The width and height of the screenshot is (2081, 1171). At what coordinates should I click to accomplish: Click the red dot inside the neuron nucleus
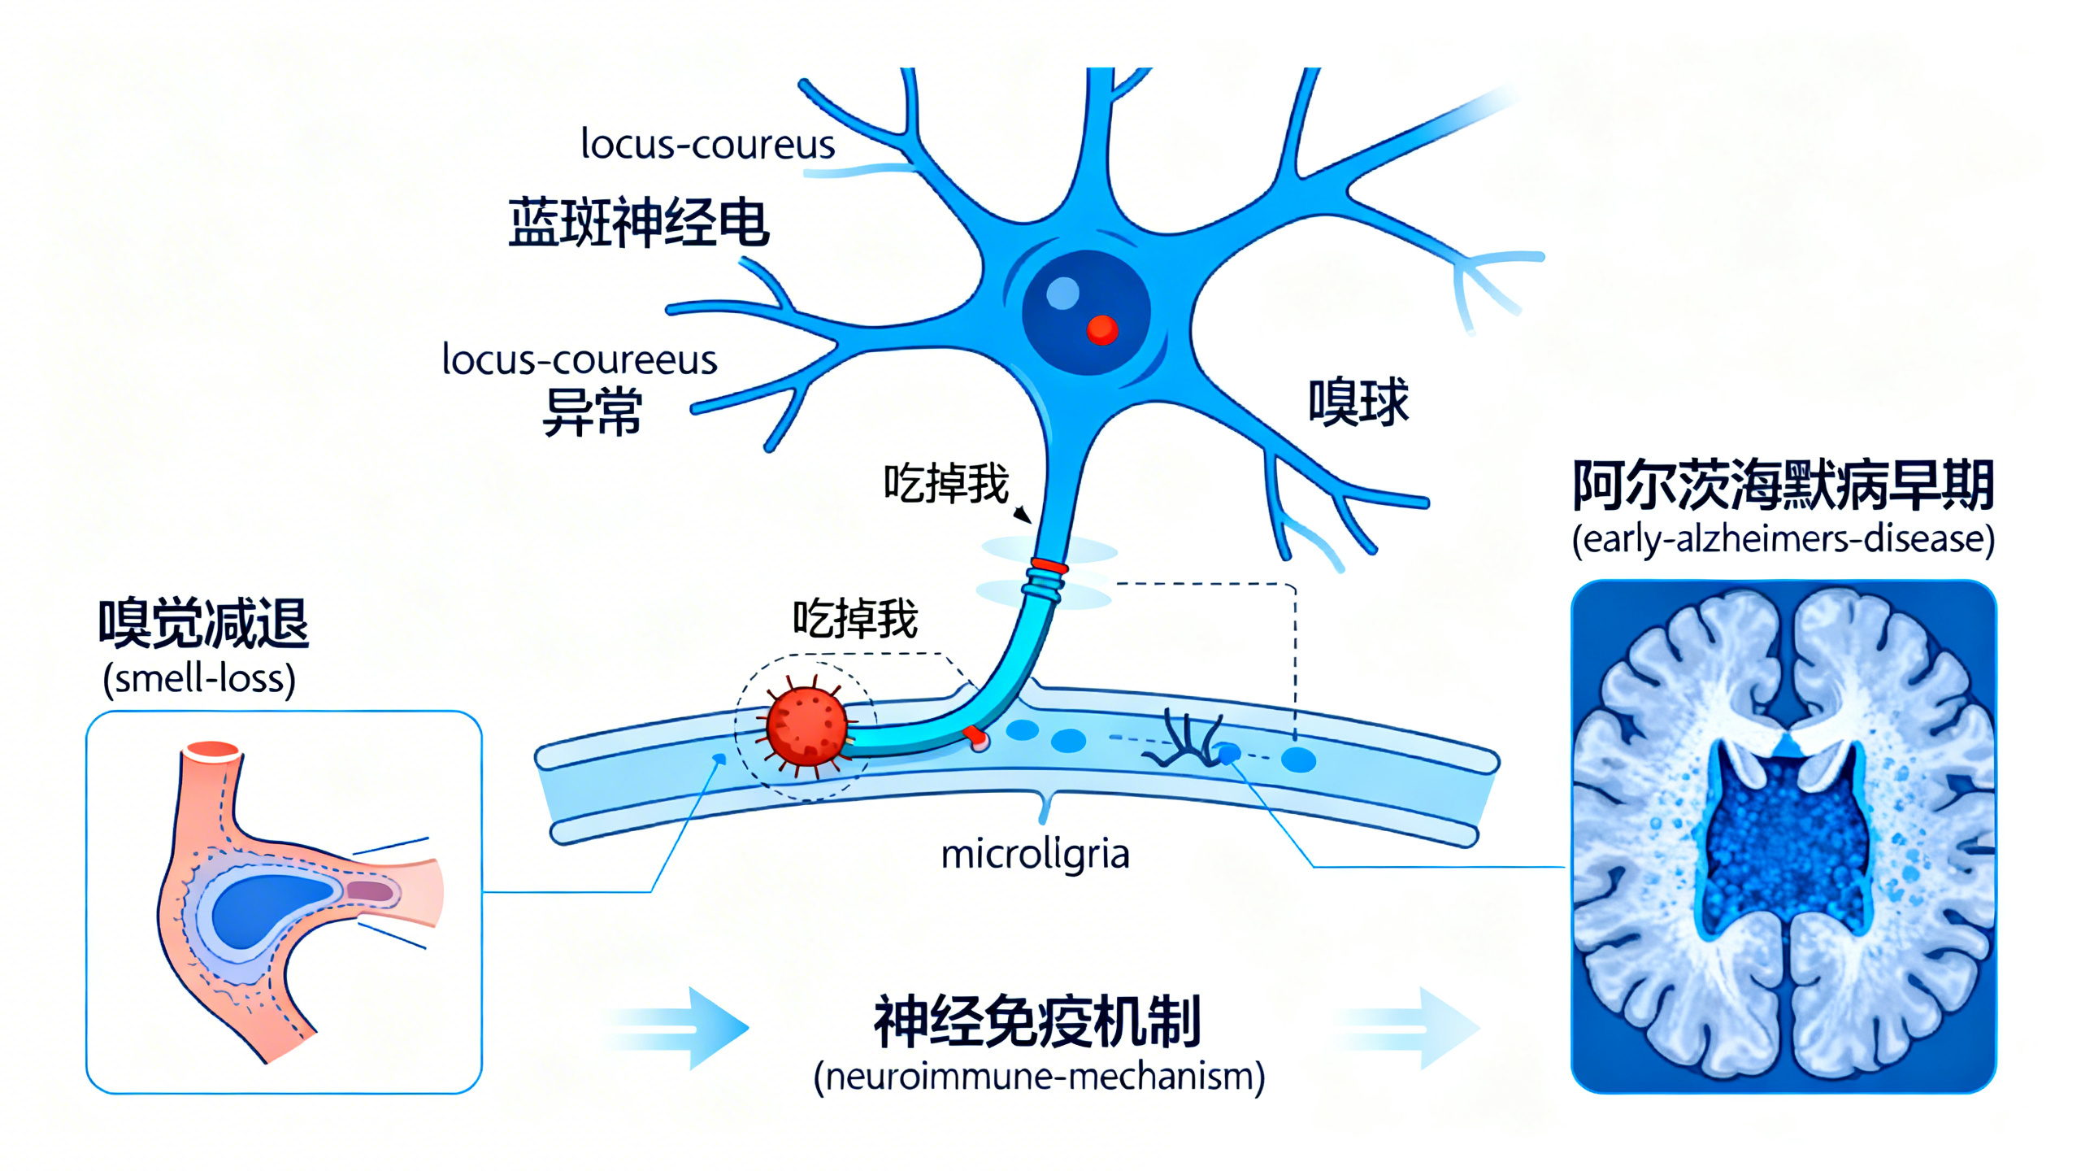[1102, 329]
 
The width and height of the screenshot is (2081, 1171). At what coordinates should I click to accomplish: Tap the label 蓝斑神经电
[638, 222]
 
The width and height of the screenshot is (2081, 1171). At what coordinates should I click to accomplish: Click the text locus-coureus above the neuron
[707, 145]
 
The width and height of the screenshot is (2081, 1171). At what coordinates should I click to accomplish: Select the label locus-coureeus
[579, 359]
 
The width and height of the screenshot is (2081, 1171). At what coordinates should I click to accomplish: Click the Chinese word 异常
[593, 412]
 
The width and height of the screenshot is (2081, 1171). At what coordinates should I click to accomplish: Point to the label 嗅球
[1358, 402]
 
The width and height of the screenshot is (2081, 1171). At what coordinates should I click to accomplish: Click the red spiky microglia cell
[806, 726]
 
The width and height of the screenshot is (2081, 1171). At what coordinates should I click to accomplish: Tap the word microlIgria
[1035, 855]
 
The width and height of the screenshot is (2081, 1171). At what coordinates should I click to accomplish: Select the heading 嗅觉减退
[203, 623]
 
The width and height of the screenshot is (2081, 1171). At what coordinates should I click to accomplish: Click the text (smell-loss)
[199, 678]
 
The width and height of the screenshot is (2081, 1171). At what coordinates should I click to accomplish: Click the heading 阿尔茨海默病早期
[1783, 485]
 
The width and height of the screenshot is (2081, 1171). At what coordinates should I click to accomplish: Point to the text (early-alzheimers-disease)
[1783, 539]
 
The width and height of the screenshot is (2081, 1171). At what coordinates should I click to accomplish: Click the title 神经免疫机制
[1037, 1021]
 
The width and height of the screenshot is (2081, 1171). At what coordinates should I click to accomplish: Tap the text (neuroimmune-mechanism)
[1039, 1077]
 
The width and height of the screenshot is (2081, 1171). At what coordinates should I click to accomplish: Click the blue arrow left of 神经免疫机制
[691, 1028]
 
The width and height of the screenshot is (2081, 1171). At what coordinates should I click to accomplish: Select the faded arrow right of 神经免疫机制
[1414, 1028]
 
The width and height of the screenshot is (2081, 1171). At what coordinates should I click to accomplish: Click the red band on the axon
[1049, 566]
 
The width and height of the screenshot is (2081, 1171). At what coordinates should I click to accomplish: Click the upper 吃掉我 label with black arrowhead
[946, 484]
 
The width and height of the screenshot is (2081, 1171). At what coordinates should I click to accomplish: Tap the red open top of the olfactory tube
[212, 751]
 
